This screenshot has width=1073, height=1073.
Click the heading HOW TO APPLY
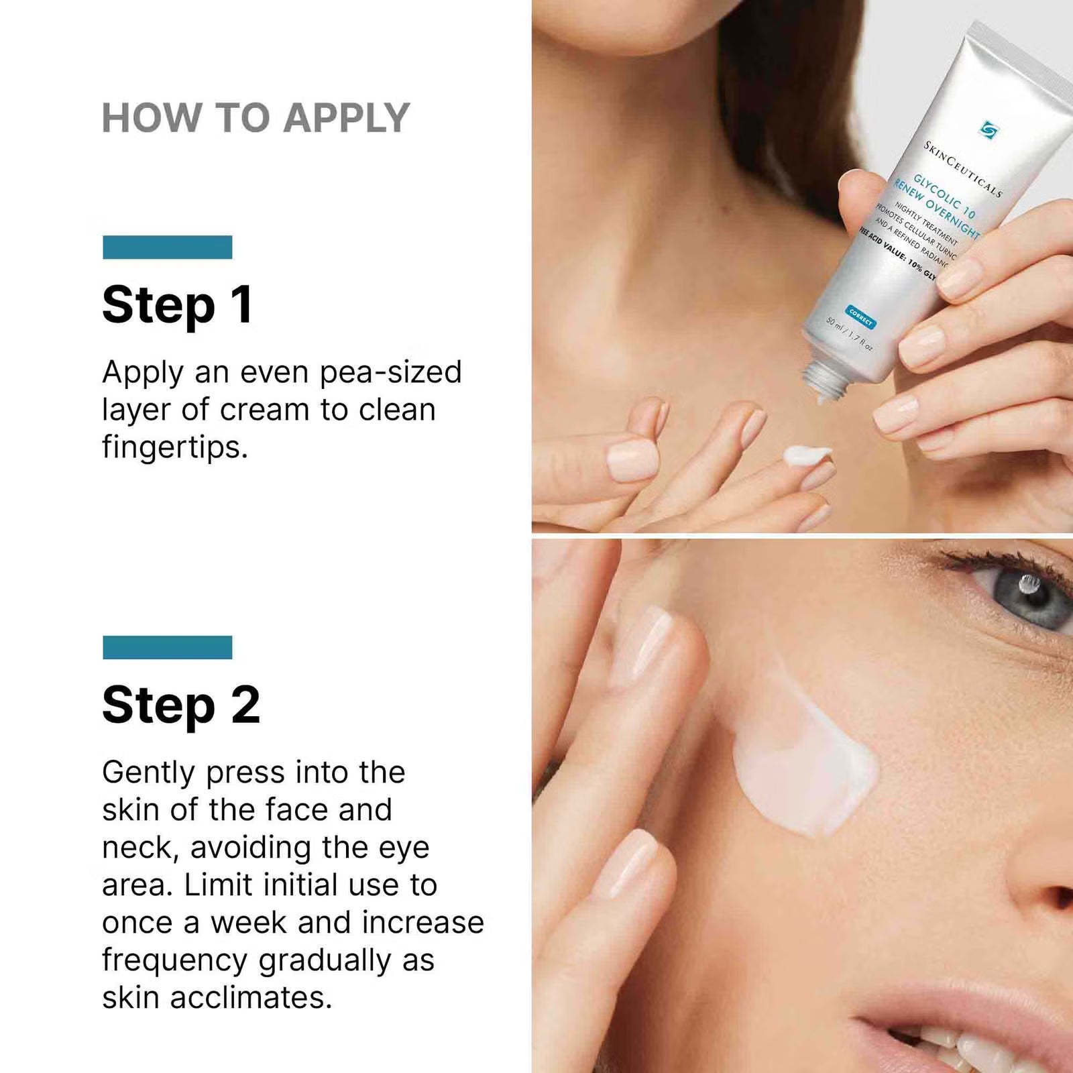(x=256, y=118)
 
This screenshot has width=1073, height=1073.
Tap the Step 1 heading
(x=178, y=305)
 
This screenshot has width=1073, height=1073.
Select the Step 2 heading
(x=181, y=705)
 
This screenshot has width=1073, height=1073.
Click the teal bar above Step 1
(x=168, y=247)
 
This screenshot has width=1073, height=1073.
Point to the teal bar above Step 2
(x=168, y=647)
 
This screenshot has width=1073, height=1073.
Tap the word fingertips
(x=174, y=447)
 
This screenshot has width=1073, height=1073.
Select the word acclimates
(x=251, y=998)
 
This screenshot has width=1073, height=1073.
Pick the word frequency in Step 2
(x=174, y=961)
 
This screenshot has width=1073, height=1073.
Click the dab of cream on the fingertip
(x=807, y=455)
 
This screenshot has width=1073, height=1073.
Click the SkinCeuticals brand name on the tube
(x=962, y=168)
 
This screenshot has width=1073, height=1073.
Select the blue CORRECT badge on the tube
(x=860, y=317)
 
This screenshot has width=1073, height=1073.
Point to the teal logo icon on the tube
(x=988, y=129)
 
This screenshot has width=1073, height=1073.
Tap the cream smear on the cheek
(x=805, y=771)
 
